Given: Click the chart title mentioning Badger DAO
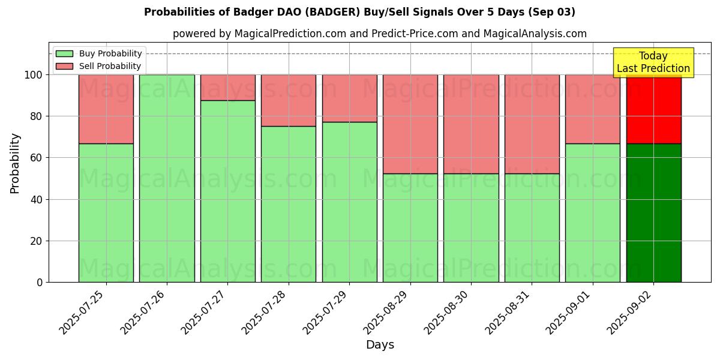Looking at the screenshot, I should (x=359, y=12).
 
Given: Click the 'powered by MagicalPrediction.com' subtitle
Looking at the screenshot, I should (x=379, y=34).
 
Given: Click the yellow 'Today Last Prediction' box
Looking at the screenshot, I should (x=653, y=62).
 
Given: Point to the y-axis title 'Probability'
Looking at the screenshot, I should (x=15, y=163).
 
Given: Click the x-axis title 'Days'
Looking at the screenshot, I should (x=380, y=345).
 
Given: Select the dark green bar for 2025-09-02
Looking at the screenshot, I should (x=653, y=213).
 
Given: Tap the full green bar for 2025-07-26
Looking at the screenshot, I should (x=167, y=178).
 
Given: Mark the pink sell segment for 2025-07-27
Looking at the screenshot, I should (x=227, y=88).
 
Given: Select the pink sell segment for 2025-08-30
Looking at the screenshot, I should (x=471, y=124).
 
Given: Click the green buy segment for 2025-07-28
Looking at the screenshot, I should (x=289, y=204).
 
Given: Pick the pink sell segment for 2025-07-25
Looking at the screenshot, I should (x=106, y=109).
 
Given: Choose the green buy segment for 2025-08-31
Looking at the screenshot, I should (x=532, y=228).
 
